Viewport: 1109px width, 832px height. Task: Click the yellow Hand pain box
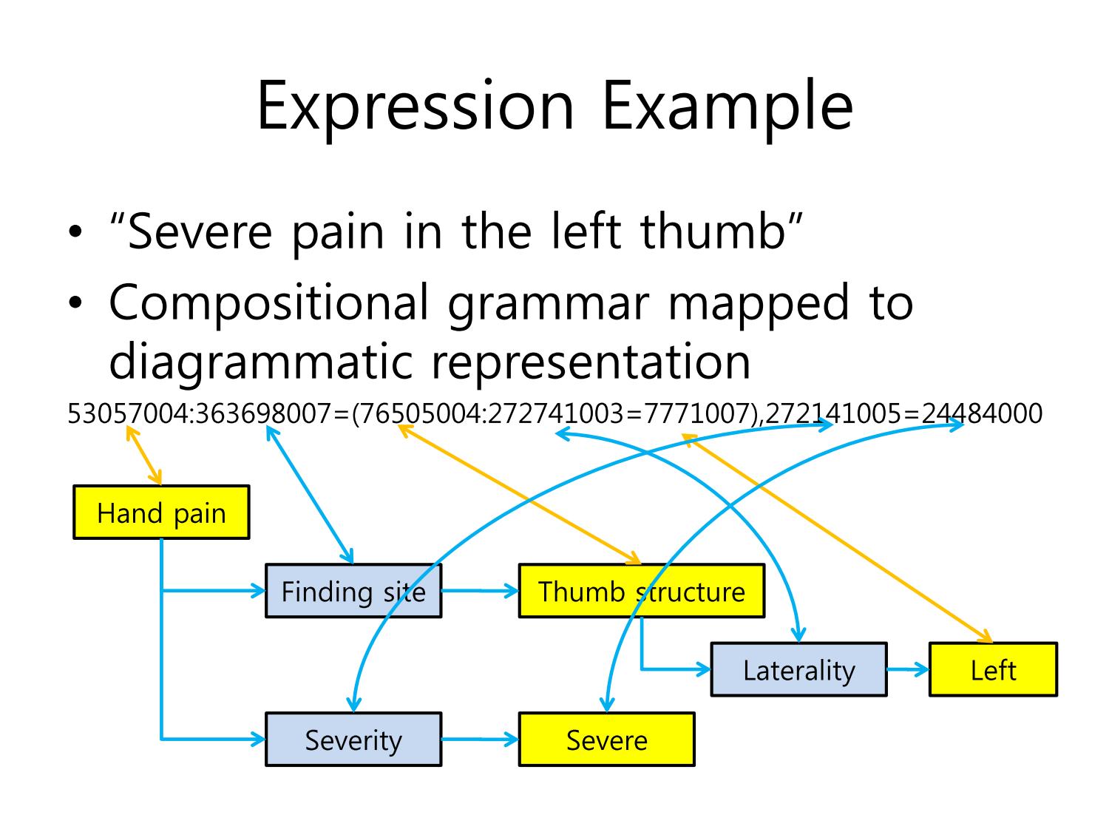click(161, 513)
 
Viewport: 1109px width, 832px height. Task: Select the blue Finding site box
click(353, 590)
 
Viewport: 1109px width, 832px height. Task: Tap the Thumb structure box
click(641, 590)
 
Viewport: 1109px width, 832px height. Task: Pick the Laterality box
click(798, 669)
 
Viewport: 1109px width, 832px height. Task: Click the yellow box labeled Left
click(993, 669)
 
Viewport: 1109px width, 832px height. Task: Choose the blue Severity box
click(353, 739)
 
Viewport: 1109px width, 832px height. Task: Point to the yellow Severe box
click(606, 739)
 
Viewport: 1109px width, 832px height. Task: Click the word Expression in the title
click(416, 107)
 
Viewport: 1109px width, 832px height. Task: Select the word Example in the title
click(728, 107)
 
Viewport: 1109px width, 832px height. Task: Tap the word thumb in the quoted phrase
click(713, 231)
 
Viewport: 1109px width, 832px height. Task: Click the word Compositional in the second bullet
click(269, 303)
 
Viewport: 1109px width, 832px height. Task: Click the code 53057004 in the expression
click(128, 413)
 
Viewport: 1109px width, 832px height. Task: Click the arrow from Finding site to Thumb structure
click(480, 590)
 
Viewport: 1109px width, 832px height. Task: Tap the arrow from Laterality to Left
click(908, 669)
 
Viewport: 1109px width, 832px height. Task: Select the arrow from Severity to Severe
click(480, 739)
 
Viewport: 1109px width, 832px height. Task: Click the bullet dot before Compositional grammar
click(75, 303)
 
